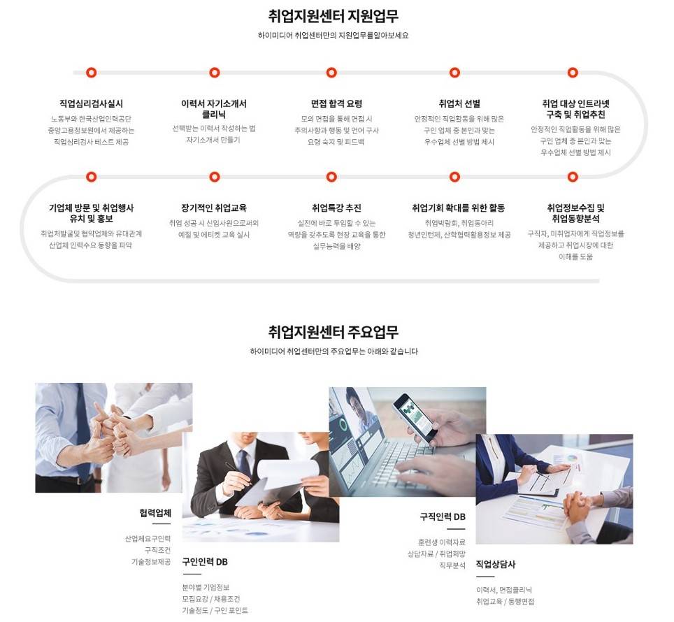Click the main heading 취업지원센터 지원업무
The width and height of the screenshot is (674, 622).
click(334, 16)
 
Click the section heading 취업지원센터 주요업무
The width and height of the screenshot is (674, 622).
click(334, 331)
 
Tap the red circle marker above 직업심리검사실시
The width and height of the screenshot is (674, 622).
click(91, 73)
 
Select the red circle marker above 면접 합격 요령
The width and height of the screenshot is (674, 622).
click(332, 73)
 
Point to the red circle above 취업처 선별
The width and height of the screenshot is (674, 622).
click(454, 73)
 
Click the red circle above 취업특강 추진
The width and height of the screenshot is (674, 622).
click(332, 177)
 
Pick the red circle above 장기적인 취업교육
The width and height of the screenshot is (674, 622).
click(214, 177)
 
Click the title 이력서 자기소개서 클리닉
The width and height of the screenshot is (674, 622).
click(214, 109)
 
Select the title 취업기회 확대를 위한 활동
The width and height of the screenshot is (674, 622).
click(459, 208)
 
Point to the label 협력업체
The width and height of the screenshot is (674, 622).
click(155, 513)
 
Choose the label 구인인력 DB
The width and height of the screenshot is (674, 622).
click(205, 562)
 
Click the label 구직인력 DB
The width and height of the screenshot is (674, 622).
click(442, 517)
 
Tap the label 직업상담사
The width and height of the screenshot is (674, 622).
click(495, 565)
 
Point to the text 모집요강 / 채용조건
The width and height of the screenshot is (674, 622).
click(210, 599)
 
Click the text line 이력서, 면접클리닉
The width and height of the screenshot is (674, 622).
click(503, 590)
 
